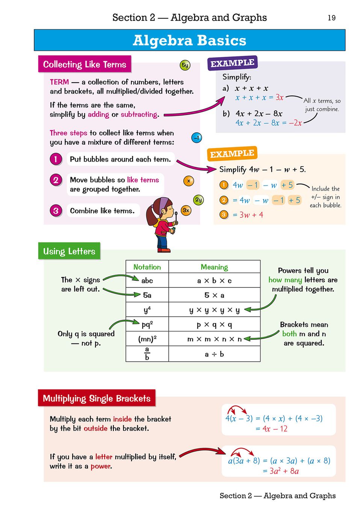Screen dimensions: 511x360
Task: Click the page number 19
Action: pyautogui.click(x=331, y=18)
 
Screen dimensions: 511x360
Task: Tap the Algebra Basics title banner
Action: pyautogui.click(x=189, y=40)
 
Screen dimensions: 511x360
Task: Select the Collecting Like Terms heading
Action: pyautogui.click(x=85, y=64)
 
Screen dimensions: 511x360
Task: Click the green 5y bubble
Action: pyautogui.click(x=185, y=65)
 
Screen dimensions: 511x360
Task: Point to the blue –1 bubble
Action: pyautogui.click(x=197, y=138)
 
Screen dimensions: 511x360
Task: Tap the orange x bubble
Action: pyautogui.click(x=189, y=181)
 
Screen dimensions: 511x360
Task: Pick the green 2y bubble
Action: pyautogui.click(x=198, y=200)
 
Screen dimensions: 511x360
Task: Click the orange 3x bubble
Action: pyautogui.click(x=186, y=210)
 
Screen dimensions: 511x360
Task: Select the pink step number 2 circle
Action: pyautogui.click(x=56, y=180)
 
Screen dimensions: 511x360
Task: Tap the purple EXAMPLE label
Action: pyautogui.click(x=232, y=63)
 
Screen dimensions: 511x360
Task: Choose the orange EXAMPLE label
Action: pyautogui.click(x=232, y=154)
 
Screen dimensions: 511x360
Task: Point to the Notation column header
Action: pyautogui.click(x=147, y=267)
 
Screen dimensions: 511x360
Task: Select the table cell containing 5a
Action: pyautogui.click(x=147, y=295)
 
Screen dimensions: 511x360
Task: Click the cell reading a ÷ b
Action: pyautogui.click(x=214, y=354)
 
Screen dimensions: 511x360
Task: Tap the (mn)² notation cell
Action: pyautogui.click(x=147, y=339)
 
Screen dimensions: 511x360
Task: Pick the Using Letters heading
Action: pyautogui.click(x=69, y=251)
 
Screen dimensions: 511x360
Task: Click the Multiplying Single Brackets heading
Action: pyautogui.click(x=97, y=398)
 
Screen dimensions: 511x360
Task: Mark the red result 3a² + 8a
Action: pyautogui.click(x=284, y=471)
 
